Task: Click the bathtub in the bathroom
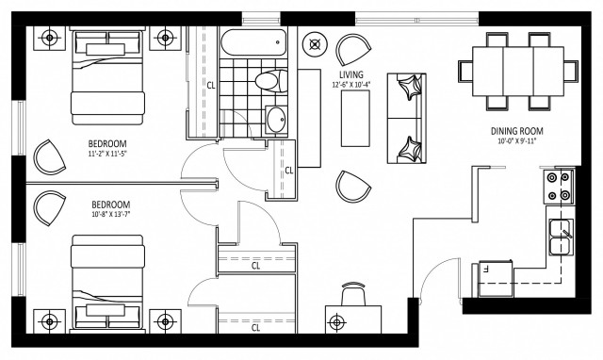click(252, 42)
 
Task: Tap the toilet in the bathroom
click(270, 81)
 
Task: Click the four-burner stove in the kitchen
click(556, 187)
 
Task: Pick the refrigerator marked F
click(497, 274)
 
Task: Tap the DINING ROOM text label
click(516, 131)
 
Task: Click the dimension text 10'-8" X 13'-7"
click(110, 214)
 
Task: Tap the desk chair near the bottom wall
click(353, 295)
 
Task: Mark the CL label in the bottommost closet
click(255, 329)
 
